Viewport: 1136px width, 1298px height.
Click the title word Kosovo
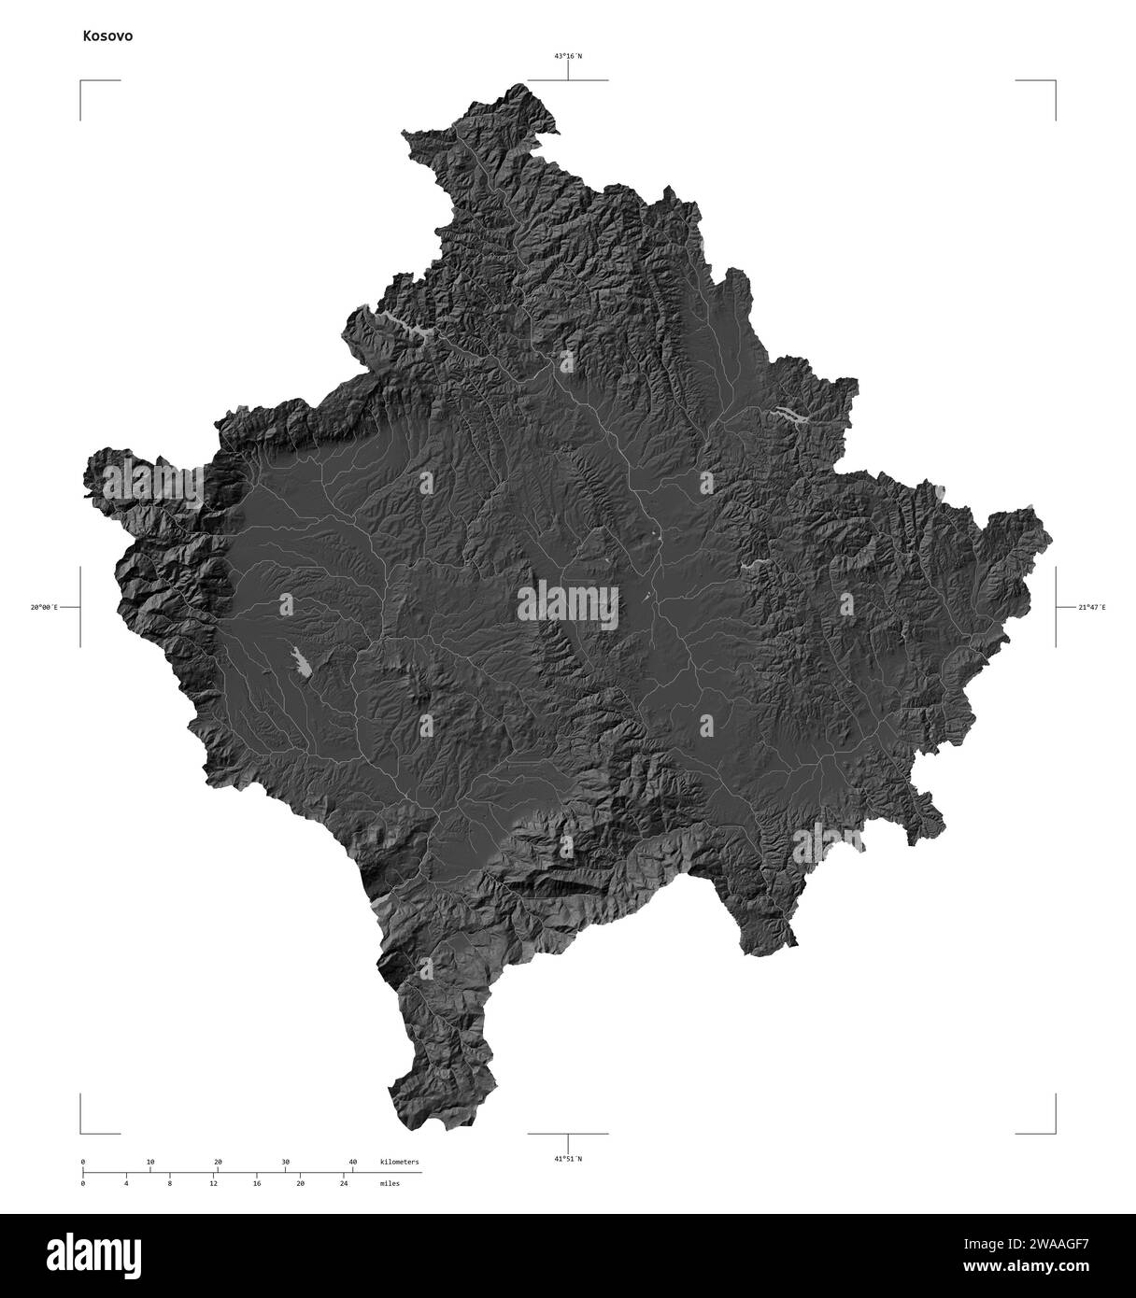pos(107,36)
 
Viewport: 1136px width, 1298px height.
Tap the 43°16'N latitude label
pos(567,56)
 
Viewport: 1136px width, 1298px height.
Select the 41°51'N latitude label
pos(567,1158)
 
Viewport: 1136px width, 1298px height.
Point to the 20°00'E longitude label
pos(43,608)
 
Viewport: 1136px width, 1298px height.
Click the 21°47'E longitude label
pos(1091,608)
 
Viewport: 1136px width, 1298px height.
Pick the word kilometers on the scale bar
pos(400,1162)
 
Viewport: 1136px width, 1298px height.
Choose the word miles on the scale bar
pos(390,1183)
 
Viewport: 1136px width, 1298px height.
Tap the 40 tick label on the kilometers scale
pos(352,1162)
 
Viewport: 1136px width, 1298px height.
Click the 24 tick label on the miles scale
pos(344,1183)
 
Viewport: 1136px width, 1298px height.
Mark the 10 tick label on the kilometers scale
pos(150,1162)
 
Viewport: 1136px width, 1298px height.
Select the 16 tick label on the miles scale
pos(257,1183)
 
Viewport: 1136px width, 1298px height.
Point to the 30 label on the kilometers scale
pos(285,1162)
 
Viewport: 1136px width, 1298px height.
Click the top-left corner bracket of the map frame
pos(82,83)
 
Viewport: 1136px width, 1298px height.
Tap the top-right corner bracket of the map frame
pos(1054,83)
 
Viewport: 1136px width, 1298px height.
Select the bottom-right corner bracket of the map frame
pos(1054,1131)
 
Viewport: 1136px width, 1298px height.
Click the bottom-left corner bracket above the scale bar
pos(82,1131)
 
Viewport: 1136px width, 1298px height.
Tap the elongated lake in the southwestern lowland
pos(301,662)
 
